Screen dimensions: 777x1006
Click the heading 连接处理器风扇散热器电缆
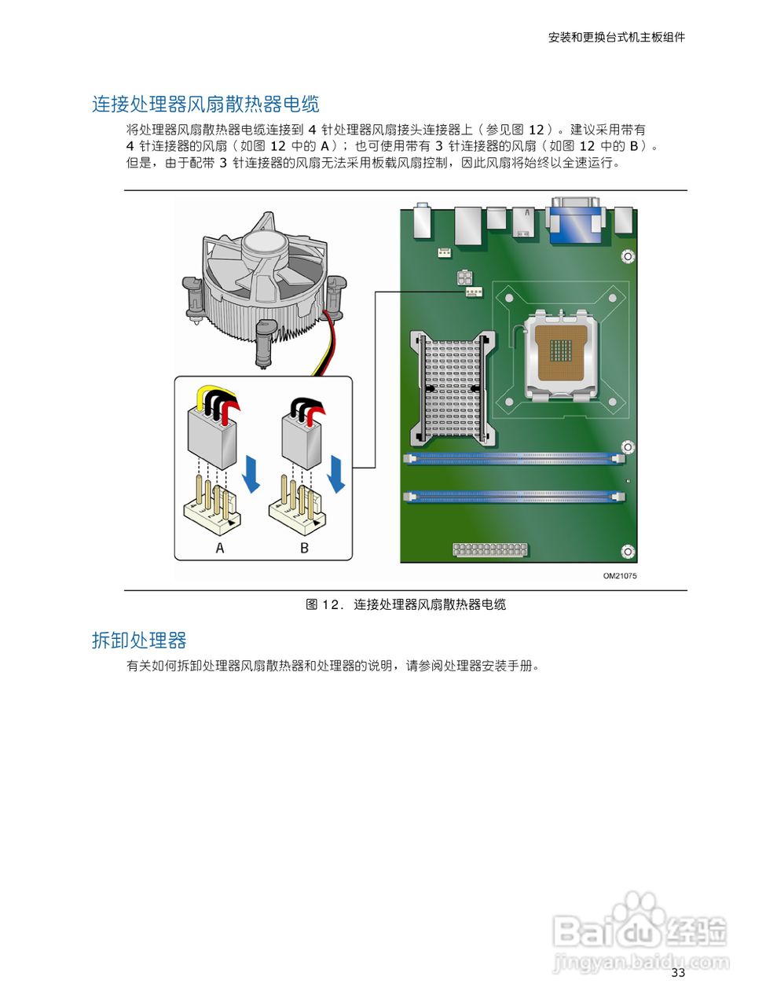coord(205,105)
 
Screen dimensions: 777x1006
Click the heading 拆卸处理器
coord(139,641)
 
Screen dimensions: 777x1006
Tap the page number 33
coord(678,973)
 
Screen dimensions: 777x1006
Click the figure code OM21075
coord(619,576)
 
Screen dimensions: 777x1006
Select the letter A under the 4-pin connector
coord(220,548)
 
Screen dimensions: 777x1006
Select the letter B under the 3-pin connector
coord(305,548)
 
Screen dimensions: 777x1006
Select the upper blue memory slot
coord(515,457)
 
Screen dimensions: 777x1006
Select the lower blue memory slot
coord(515,497)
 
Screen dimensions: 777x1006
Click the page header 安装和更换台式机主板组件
coord(616,37)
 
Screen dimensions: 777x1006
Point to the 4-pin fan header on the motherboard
coord(471,292)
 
